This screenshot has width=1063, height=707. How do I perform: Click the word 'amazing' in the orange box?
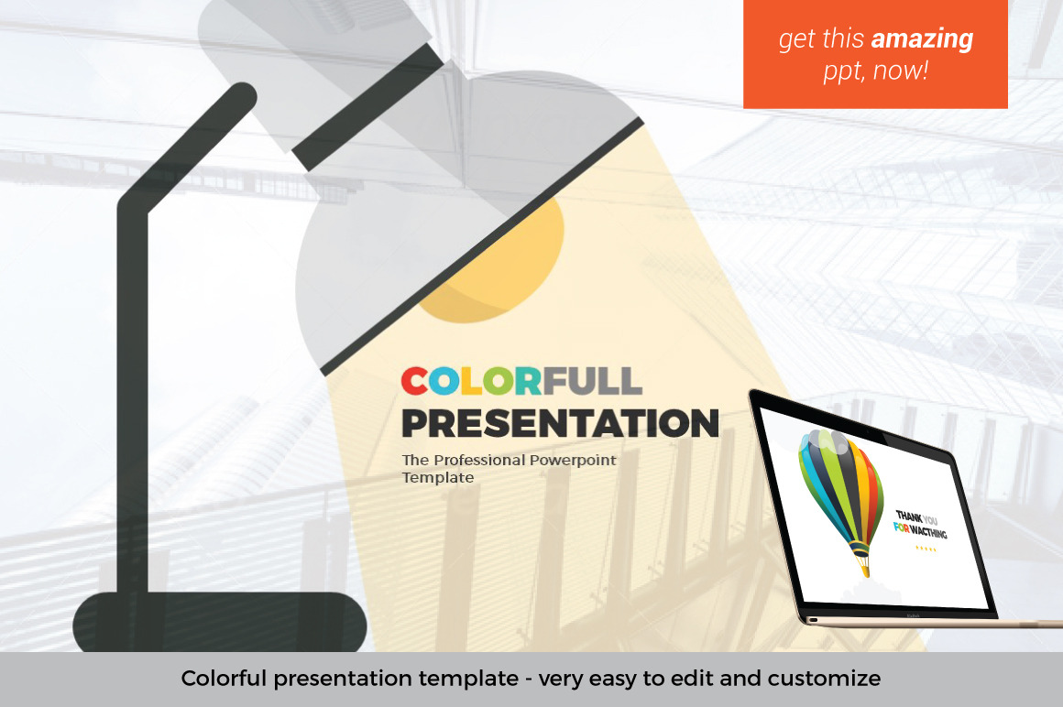[923, 39]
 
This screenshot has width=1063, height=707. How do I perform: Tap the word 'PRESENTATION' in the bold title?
[560, 423]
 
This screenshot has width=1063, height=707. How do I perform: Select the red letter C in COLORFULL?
[413, 381]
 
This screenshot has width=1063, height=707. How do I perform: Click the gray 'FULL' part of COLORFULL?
[592, 381]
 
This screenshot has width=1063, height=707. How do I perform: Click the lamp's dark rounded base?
[220, 622]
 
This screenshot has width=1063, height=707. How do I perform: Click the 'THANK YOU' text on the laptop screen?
[916, 517]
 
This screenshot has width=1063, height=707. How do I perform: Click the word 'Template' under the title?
[438, 477]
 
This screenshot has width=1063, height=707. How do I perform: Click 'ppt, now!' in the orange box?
[875, 71]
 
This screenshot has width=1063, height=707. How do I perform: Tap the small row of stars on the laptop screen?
[926, 549]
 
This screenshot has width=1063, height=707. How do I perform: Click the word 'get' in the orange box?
[794, 40]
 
